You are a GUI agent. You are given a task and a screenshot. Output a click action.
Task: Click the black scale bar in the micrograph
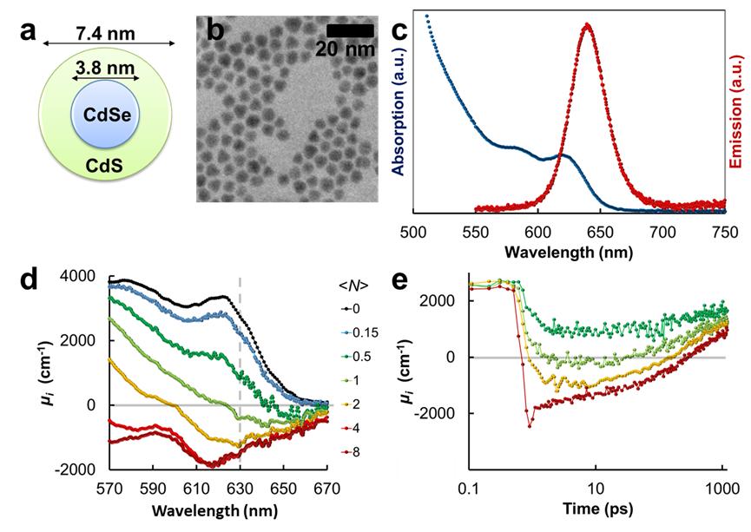[351, 30]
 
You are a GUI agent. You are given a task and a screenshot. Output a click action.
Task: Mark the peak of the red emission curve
[588, 24]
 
